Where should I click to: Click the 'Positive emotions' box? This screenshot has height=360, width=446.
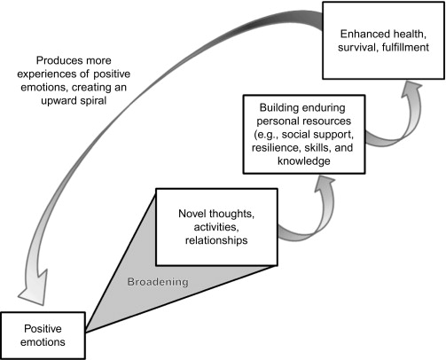pyautogui.click(x=43, y=335)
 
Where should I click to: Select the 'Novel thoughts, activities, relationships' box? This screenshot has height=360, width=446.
pyautogui.click(x=216, y=227)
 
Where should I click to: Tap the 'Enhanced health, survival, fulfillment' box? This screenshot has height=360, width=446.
pyautogui.click(x=383, y=41)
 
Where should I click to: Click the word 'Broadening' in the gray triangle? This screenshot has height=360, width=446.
pyautogui.click(x=158, y=282)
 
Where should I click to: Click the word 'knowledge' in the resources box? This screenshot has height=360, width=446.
pyautogui.click(x=304, y=160)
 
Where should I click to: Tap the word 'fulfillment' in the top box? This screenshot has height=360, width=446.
pyautogui.click(x=405, y=47)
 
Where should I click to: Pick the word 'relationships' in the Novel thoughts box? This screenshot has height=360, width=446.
pyautogui.click(x=216, y=240)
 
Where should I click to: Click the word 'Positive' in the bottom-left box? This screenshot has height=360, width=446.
pyautogui.click(x=43, y=329)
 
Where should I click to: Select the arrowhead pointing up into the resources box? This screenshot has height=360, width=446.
pyautogui.click(x=325, y=184)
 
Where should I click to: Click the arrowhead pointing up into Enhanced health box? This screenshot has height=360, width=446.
pyautogui.click(x=411, y=89)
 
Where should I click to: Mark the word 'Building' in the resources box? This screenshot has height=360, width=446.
pyautogui.click(x=278, y=107)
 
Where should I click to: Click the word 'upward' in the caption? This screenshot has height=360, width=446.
pyautogui.click(x=58, y=101)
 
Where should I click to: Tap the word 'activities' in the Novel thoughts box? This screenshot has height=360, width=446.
pyautogui.click(x=216, y=227)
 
